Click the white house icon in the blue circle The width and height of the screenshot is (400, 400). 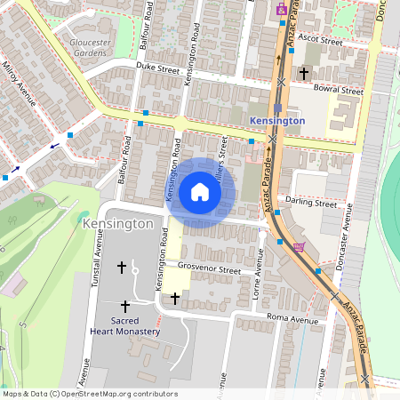tap(200, 192)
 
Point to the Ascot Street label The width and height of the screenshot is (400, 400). tap(320, 40)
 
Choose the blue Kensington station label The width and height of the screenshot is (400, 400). tap(277, 120)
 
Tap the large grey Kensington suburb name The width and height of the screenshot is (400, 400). tap(116, 224)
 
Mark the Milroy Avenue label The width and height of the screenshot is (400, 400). tap(20, 85)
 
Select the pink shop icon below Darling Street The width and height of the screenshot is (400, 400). tap(299, 247)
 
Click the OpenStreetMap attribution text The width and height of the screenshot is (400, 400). tap(90, 394)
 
